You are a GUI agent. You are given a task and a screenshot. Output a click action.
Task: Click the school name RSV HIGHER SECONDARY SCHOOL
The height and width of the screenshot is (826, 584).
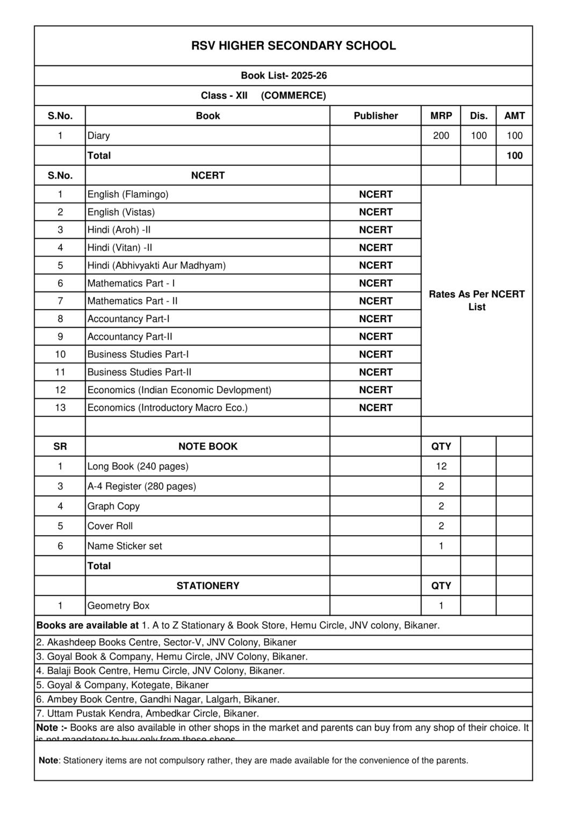[293, 46]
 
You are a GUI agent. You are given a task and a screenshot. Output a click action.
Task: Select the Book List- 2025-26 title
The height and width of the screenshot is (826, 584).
[284, 76]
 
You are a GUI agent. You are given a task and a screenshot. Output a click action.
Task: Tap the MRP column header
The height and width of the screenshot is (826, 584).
[441, 116]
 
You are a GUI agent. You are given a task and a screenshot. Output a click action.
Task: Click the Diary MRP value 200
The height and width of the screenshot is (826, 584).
[441, 136]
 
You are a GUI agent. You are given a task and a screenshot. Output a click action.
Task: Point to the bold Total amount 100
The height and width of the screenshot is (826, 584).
[514, 155]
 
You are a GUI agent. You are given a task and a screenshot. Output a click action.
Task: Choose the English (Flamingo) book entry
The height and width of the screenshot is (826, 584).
[128, 194]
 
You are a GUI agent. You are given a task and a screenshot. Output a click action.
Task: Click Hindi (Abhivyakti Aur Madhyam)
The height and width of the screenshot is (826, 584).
[156, 265]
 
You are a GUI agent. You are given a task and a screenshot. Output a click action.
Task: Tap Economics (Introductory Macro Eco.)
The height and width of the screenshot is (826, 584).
[168, 408]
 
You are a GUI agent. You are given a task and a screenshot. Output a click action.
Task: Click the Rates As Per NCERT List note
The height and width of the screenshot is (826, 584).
[477, 301]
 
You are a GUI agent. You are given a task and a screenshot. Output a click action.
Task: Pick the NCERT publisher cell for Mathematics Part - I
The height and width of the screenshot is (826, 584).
[376, 283]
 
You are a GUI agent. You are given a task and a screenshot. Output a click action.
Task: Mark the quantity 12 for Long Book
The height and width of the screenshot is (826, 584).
[441, 466]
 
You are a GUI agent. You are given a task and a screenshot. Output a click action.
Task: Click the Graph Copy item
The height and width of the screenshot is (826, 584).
[113, 506]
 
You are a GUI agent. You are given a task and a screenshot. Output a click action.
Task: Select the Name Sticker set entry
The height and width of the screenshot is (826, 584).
[125, 546]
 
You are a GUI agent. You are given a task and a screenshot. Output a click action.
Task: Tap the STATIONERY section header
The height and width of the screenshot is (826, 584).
[208, 586]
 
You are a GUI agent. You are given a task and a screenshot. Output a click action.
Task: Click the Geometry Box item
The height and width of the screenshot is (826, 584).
[118, 606]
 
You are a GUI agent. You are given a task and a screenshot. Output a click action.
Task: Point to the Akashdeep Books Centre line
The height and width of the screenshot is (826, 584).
[167, 642]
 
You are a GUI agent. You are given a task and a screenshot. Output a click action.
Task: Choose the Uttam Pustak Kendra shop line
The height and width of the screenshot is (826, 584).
[148, 714]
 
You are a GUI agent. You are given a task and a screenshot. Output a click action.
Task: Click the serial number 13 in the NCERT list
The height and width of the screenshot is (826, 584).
[60, 408]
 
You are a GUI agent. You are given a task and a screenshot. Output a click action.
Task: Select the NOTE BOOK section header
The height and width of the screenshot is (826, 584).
[208, 446]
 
